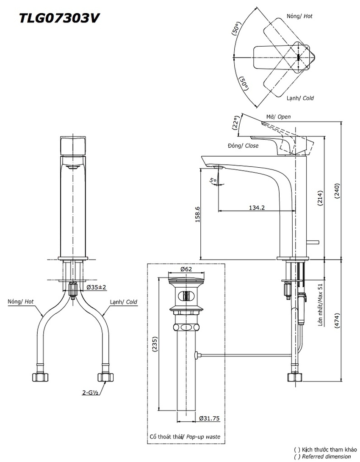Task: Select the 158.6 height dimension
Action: (197, 214)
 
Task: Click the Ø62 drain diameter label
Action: (186, 269)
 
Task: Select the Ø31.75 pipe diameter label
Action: (209, 418)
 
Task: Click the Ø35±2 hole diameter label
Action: (97, 287)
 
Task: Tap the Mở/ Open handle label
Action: (278, 116)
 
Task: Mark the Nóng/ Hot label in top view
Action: (299, 16)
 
